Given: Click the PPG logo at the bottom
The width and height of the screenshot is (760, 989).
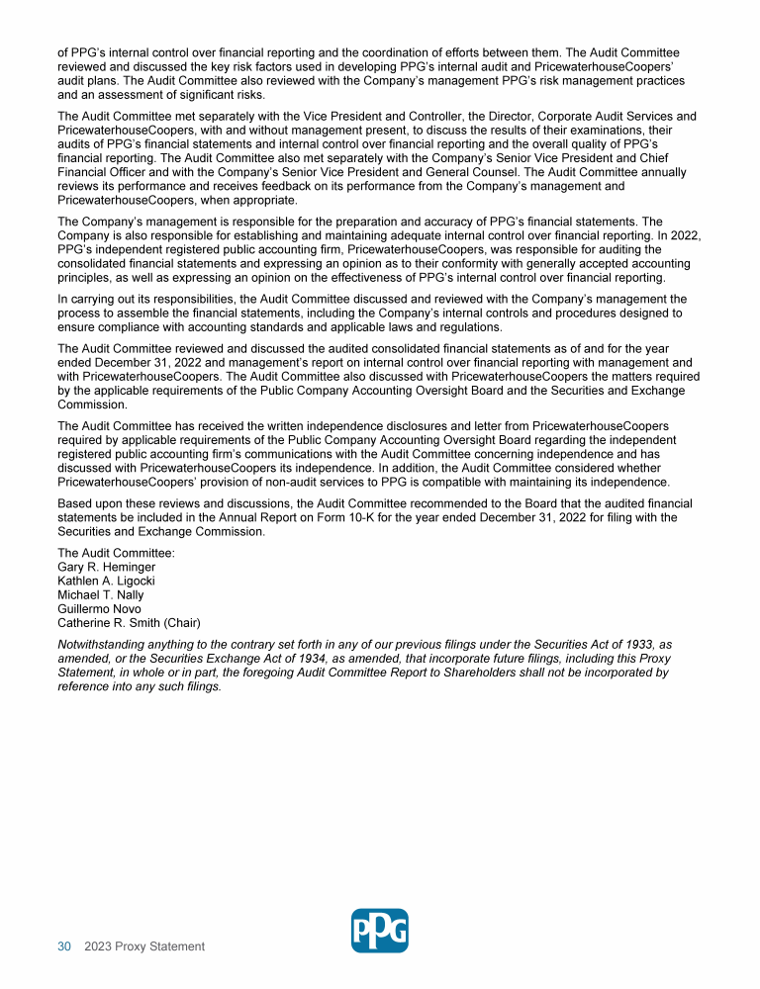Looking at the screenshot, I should click(x=380, y=931).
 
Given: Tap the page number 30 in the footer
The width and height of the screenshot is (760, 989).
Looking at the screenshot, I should click(x=64, y=946).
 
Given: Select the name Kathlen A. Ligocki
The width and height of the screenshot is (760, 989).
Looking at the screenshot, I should click(x=106, y=581).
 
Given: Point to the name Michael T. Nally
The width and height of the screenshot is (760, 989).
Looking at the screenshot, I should click(x=101, y=595).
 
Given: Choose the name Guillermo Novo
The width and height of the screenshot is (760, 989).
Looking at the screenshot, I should click(x=100, y=609).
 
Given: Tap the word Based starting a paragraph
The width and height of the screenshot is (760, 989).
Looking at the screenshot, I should click(x=76, y=503).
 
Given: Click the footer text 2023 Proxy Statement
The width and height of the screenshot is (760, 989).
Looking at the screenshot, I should click(x=144, y=946).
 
